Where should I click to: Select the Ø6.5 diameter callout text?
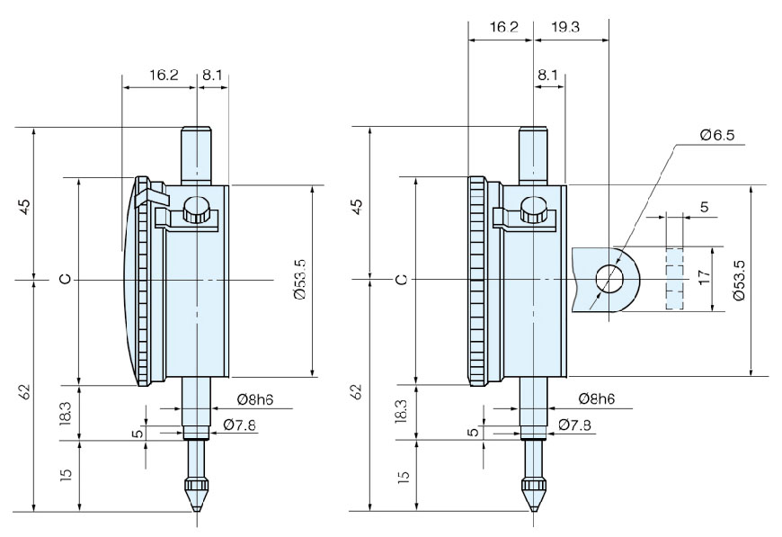(x=716, y=135)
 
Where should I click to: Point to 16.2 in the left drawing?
(x=163, y=76)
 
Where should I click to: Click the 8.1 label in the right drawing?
(x=547, y=76)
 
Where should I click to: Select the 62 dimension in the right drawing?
(x=358, y=392)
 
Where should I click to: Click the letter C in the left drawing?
(x=65, y=280)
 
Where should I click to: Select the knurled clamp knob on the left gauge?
(x=196, y=214)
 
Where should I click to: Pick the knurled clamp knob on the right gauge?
(x=533, y=212)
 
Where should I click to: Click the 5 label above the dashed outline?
(x=703, y=207)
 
